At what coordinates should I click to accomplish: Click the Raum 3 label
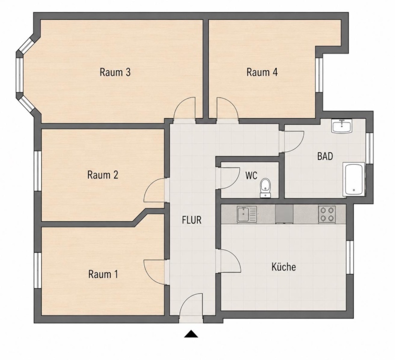click(x=115, y=72)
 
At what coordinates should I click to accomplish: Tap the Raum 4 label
click(x=262, y=72)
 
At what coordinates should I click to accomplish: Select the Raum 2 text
click(x=103, y=175)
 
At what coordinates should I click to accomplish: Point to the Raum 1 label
click(x=103, y=274)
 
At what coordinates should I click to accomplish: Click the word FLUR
click(x=192, y=220)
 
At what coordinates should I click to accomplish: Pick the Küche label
click(x=284, y=267)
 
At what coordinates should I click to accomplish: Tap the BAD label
click(x=325, y=157)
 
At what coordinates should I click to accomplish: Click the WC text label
click(x=251, y=175)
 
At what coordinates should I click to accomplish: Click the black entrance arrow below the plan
click(x=191, y=334)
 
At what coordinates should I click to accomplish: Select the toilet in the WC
click(x=265, y=188)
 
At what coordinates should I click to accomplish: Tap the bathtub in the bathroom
click(x=354, y=179)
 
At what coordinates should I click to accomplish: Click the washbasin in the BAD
click(x=342, y=126)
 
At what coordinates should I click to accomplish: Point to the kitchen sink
click(x=247, y=214)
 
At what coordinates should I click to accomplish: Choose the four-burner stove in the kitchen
click(x=327, y=214)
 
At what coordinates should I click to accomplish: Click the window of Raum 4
click(x=319, y=75)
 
